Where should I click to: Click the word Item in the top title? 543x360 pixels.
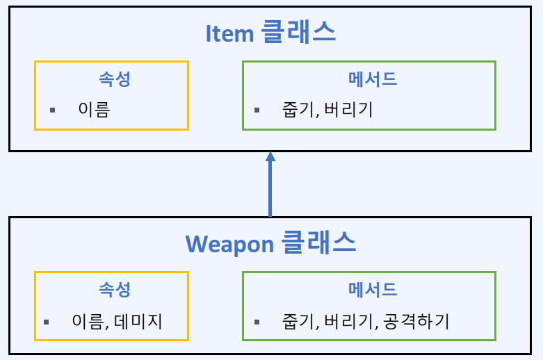(229, 33)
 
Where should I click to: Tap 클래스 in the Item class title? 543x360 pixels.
(299, 33)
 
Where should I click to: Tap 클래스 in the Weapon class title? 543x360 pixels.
(319, 243)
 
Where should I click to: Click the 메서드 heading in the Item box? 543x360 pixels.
(373, 79)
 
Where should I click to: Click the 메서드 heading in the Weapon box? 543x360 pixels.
(373, 289)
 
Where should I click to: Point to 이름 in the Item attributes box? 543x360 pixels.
(94, 110)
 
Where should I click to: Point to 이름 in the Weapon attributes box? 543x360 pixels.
(87, 321)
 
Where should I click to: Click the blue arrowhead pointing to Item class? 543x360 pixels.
(270, 157)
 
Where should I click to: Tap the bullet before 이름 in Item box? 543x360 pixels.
(52, 111)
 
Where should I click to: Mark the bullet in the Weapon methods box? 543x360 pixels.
(257, 322)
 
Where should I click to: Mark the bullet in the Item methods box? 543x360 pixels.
(257, 111)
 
